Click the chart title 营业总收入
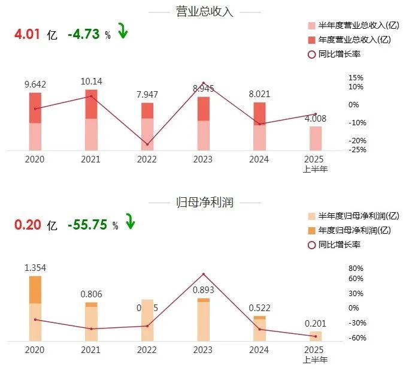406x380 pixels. point(205,11)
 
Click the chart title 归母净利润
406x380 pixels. point(205,203)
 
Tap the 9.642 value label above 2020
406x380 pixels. point(35,85)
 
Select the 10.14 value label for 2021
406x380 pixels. point(90,82)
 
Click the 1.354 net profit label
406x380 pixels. point(35,268)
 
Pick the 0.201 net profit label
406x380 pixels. point(316,323)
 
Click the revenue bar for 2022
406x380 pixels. point(147,126)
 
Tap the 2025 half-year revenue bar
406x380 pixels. point(316,138)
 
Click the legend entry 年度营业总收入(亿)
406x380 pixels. point(353,40)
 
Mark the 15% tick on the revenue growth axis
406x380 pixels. point(356,78)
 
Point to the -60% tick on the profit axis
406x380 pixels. point(356,337)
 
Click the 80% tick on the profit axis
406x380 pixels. point(356,269)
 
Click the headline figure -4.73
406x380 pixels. point(83,35)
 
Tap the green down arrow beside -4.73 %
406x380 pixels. point(123,31)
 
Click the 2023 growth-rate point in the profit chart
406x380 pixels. point(203,275)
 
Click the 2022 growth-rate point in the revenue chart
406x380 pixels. point(147,144)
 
